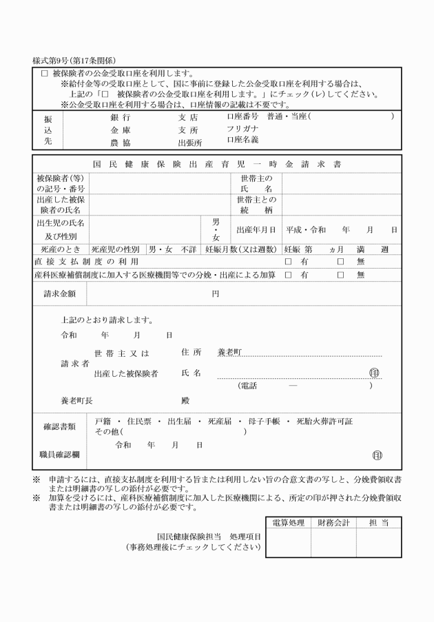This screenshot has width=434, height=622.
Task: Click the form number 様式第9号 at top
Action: pos(54,61)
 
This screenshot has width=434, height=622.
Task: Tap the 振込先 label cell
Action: pos(48,129)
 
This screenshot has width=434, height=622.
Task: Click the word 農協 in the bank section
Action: pos(120,143)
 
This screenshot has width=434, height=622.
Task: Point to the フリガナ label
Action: pos(242,129)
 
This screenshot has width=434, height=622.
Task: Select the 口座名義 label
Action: pos(242,140)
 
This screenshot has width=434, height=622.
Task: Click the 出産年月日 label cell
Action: pos(256,229)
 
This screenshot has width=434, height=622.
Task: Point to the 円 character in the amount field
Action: pos(215,293)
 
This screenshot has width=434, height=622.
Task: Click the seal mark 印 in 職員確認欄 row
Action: pos(377,455)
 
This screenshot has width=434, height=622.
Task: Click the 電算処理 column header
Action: pos(288,523)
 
